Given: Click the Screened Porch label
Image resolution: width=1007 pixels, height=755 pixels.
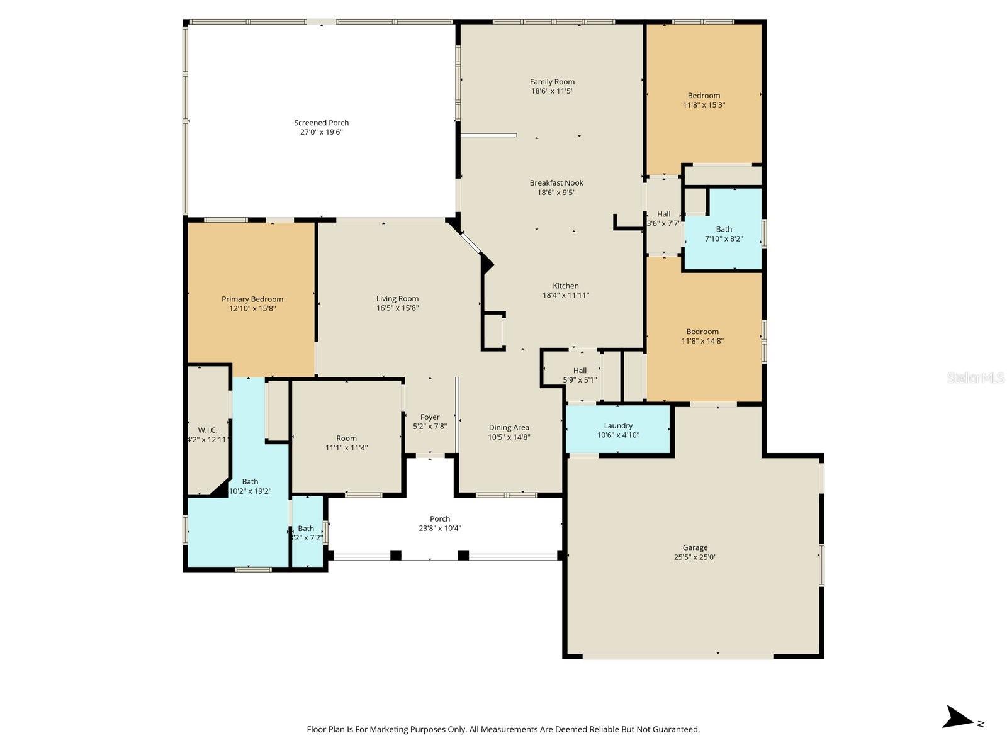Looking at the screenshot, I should (x=321, y=123).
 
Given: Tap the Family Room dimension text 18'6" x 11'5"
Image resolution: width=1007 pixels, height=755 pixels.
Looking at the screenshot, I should (x=552, y=91).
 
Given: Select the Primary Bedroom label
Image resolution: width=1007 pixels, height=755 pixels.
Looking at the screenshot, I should (x=252, y=299).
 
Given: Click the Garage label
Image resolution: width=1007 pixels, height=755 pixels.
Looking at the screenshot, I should (x=695, y=547).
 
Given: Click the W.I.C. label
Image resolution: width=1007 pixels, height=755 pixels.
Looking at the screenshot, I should (x=208, y=430).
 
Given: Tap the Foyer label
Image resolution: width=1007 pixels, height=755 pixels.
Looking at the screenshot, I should (x=430, y=417).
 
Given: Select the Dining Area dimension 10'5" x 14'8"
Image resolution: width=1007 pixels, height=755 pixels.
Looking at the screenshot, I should (x=509, y=437).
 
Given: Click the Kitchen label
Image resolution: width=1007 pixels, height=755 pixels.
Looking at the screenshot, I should (x=566, y=286).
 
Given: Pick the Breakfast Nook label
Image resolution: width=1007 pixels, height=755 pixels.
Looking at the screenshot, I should (x=556, y=183).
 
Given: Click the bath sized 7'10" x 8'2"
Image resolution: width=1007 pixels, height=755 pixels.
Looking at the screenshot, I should (x=724, y=233).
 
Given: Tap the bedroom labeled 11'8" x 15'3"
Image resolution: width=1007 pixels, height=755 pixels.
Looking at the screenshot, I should (x=704, y=100).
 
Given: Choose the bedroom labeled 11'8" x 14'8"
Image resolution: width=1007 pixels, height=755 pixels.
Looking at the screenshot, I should (x=702, y=336).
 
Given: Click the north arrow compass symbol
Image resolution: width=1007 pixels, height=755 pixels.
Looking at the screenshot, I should (x=959, y=717).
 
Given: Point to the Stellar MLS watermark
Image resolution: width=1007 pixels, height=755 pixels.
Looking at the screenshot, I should (x=975, y=377).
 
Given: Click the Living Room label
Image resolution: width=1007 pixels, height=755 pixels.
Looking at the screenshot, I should (x=397, y=299).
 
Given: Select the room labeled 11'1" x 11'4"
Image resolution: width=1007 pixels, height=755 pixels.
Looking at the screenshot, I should (x=346, y=443).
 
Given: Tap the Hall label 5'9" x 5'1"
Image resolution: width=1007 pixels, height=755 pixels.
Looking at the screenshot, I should (x=580, y=375).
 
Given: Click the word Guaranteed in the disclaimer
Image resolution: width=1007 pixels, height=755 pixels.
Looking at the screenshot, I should (x=676, y=729).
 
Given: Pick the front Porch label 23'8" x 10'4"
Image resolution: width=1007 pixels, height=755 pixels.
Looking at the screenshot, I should (x=440, y=523).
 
